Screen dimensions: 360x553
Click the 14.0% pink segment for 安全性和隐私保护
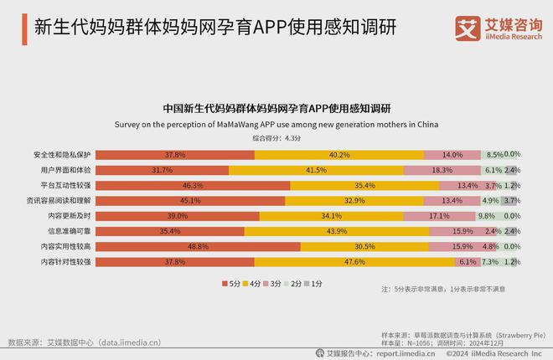(x=452, y=155)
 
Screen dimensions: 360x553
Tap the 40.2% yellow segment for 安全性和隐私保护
(x=339, y=155)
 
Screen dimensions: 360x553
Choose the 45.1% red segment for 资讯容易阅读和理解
(x=190, y=201)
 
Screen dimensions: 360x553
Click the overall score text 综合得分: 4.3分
(x=276, y=137)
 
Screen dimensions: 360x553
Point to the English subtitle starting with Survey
(x=276, y=124)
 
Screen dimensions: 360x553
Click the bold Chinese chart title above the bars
(x=276, y=109)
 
